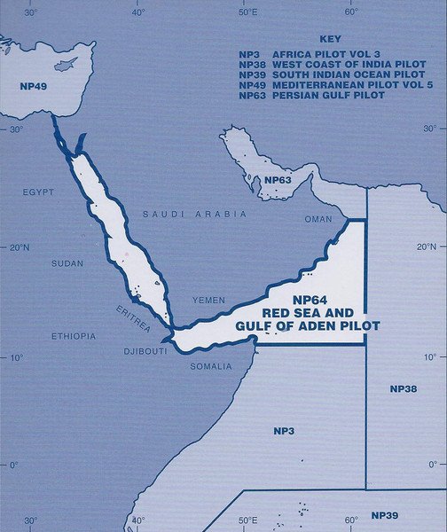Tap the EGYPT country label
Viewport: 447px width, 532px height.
(x=38, y=192)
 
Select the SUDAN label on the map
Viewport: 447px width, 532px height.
(x=68, y=264)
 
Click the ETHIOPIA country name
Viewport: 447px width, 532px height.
(x=74, y=336)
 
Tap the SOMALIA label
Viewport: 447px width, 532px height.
(x=211, y=365)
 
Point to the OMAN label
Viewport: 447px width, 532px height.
(x=318, y=219)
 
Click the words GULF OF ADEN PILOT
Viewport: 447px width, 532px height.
(x=308, y=326)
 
